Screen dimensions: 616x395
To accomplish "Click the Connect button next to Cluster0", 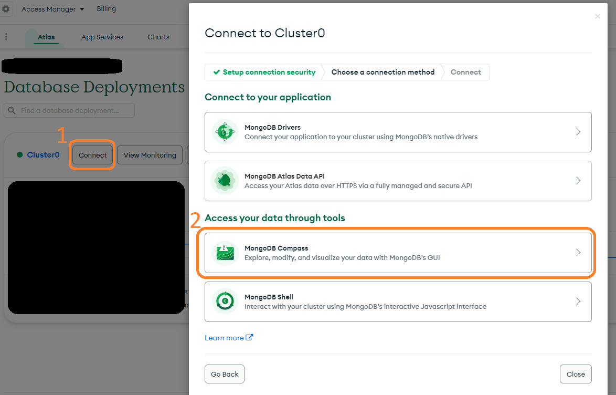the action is point(92,155).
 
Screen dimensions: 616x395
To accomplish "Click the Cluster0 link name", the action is point(43,154).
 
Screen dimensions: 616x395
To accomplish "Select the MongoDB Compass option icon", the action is point(225,253).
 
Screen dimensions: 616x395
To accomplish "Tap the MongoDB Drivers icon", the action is point(225,132).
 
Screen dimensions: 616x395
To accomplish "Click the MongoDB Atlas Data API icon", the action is point(225,181).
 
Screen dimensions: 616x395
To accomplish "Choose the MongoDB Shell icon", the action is point(225,302).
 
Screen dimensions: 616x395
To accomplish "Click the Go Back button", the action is point(225,374).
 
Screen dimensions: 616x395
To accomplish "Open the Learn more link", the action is point(229,338).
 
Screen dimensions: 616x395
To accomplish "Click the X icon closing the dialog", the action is point(598,16).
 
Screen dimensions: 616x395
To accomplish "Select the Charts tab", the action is point(158,37).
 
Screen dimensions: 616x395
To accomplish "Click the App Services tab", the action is point(102,37).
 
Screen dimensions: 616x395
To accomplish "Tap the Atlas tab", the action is point(46,37).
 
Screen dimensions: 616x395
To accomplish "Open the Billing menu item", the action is point(106,8).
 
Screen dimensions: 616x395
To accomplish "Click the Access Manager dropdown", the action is point(52,9).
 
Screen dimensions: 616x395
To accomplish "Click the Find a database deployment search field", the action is point(69,110).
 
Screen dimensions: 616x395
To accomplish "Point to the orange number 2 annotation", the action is point(195,220).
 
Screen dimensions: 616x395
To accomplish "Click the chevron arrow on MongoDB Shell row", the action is point(578,302).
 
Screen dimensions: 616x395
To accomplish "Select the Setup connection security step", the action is point(264,72).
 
